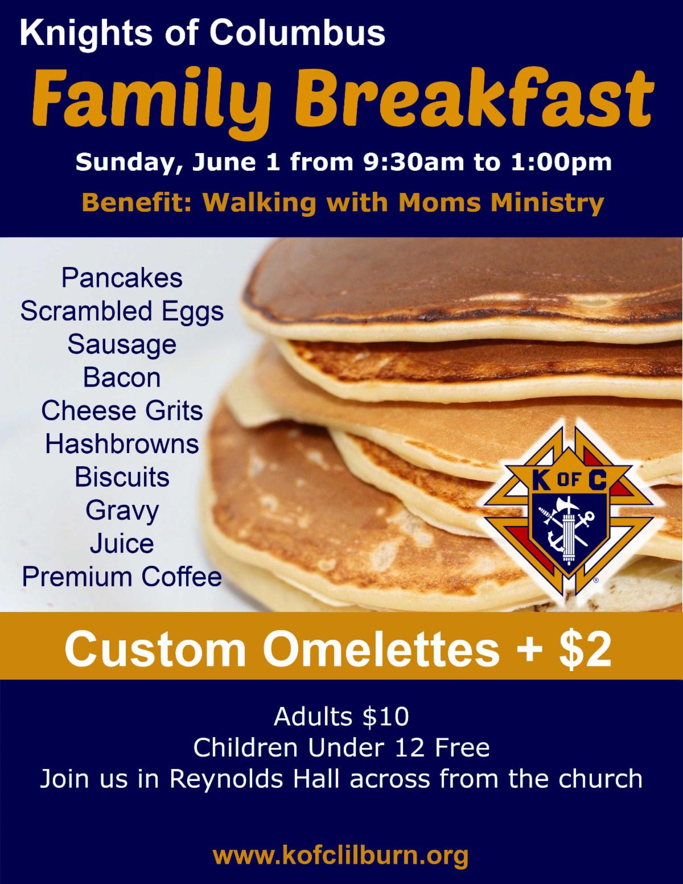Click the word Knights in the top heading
pyautogui.click(x=86, y=35)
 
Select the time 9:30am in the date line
pyautogui.click(x=414, y=162)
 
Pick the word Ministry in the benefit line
pyautogui.click(x=547, y=203)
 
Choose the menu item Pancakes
pyautogui.click(x=122, y=278)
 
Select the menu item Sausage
pyautogui.click(x=122, y=346)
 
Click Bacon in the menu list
pyautogui.click(x=122, y=378)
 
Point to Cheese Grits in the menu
pyautogui.click(x=122, y=411)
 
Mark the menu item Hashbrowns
pyautogui.click(x=122, y=444)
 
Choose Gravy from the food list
pyautogui.click(x=122, y=511)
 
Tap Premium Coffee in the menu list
pyautogui.click(x=122, y=577)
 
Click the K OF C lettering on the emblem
pyautogui.click(x=570, y=482)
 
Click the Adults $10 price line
pyautogui.click(x=341, y=717)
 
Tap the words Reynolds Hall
pyautogui.click(x=254, y=779)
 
